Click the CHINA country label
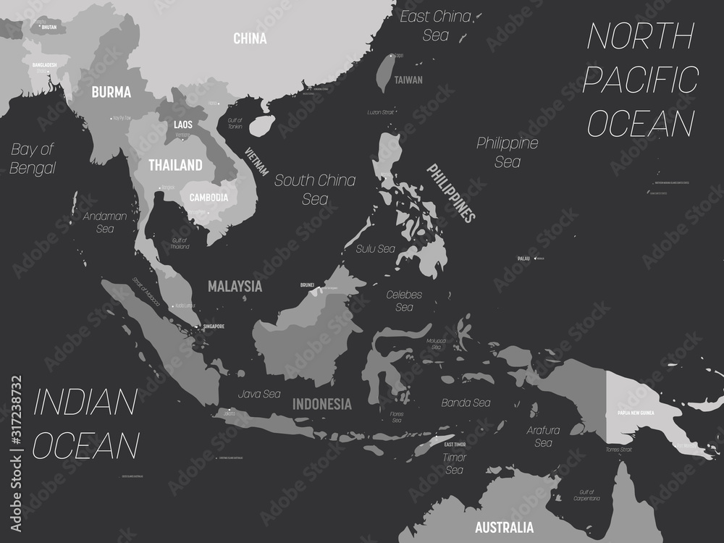(250, 38)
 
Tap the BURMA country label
(111, 92)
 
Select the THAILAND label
(175, 165)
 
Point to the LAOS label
(183, 125)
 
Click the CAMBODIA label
(209, 197)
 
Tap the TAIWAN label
(408, 80)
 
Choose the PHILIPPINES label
(450, 193)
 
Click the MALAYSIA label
(235, 286)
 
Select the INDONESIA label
(322, 404)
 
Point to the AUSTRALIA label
(502, 526)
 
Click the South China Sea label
(315, 189)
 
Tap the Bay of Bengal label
(33, 159)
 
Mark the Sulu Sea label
(375, 248)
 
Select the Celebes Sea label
(404, 301)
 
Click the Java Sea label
(259, 395)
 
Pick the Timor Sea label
(454, 463)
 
